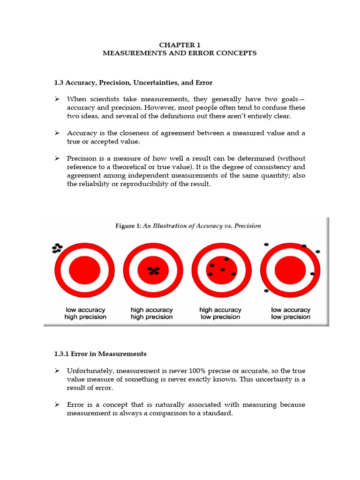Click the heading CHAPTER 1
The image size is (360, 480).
(180, 45)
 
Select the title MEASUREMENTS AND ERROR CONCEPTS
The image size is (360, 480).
(180, 53)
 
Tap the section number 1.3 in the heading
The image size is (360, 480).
(59, 82)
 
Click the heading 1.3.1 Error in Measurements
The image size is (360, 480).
(100, 354)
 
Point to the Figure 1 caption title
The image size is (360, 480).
(188, 225)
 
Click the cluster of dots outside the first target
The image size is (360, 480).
(57, 248)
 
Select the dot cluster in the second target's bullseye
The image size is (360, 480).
(153, 270)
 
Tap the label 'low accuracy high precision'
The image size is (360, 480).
(85, 313)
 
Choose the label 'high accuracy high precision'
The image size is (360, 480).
(151, 313)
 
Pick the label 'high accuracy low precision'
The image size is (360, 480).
(220, 313)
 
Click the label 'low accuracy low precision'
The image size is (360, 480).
(291, 313)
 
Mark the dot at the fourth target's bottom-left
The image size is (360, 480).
(266, 291)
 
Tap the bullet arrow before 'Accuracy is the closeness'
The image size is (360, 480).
(57, 133)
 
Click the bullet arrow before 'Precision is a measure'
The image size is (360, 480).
(57, 158)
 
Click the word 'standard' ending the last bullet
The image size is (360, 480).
(219, 413)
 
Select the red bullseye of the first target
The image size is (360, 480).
(84, 271)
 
